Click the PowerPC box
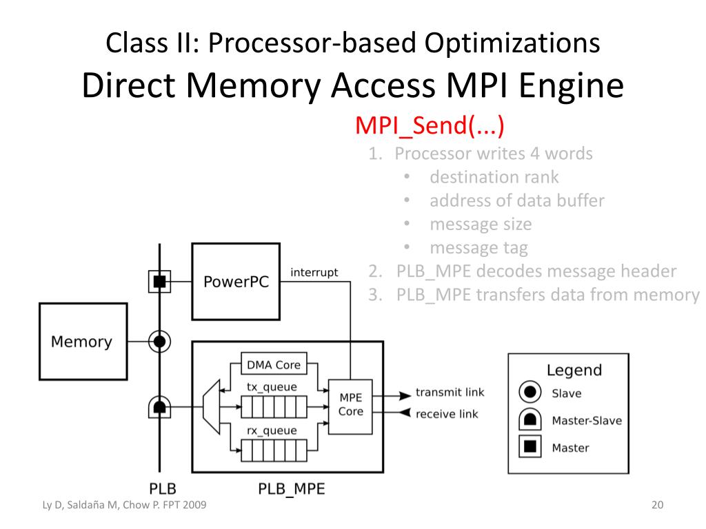236,282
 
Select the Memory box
83,342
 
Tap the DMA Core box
274,364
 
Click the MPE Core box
350,406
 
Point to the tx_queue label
272,387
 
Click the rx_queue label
272,431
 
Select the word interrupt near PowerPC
314,273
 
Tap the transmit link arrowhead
405,396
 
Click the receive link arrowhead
405,413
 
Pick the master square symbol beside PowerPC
159,282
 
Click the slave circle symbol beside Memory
159,342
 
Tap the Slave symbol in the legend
530,392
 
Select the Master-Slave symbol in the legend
530,419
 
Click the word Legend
574,370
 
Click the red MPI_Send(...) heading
430,125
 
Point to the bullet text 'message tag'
478,248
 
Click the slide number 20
657,505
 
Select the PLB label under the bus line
163,489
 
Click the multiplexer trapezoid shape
212,407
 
